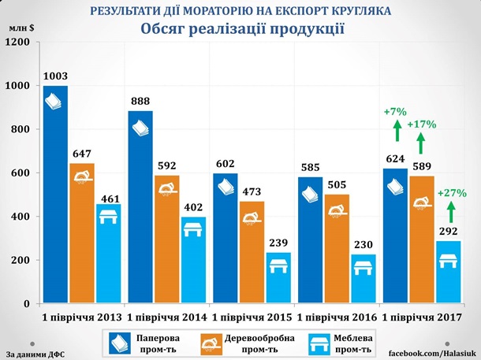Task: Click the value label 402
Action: click(x=193, y=207)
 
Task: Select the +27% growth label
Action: click(x=452, y=192)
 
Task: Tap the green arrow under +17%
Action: click(x=422, y=143)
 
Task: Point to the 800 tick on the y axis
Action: click(x=24, y=129)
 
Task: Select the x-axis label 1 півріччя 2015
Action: click(x=251, y=317)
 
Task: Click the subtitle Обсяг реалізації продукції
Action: click(x=243, y=29)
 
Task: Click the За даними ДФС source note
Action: click(x=35, y=354)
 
